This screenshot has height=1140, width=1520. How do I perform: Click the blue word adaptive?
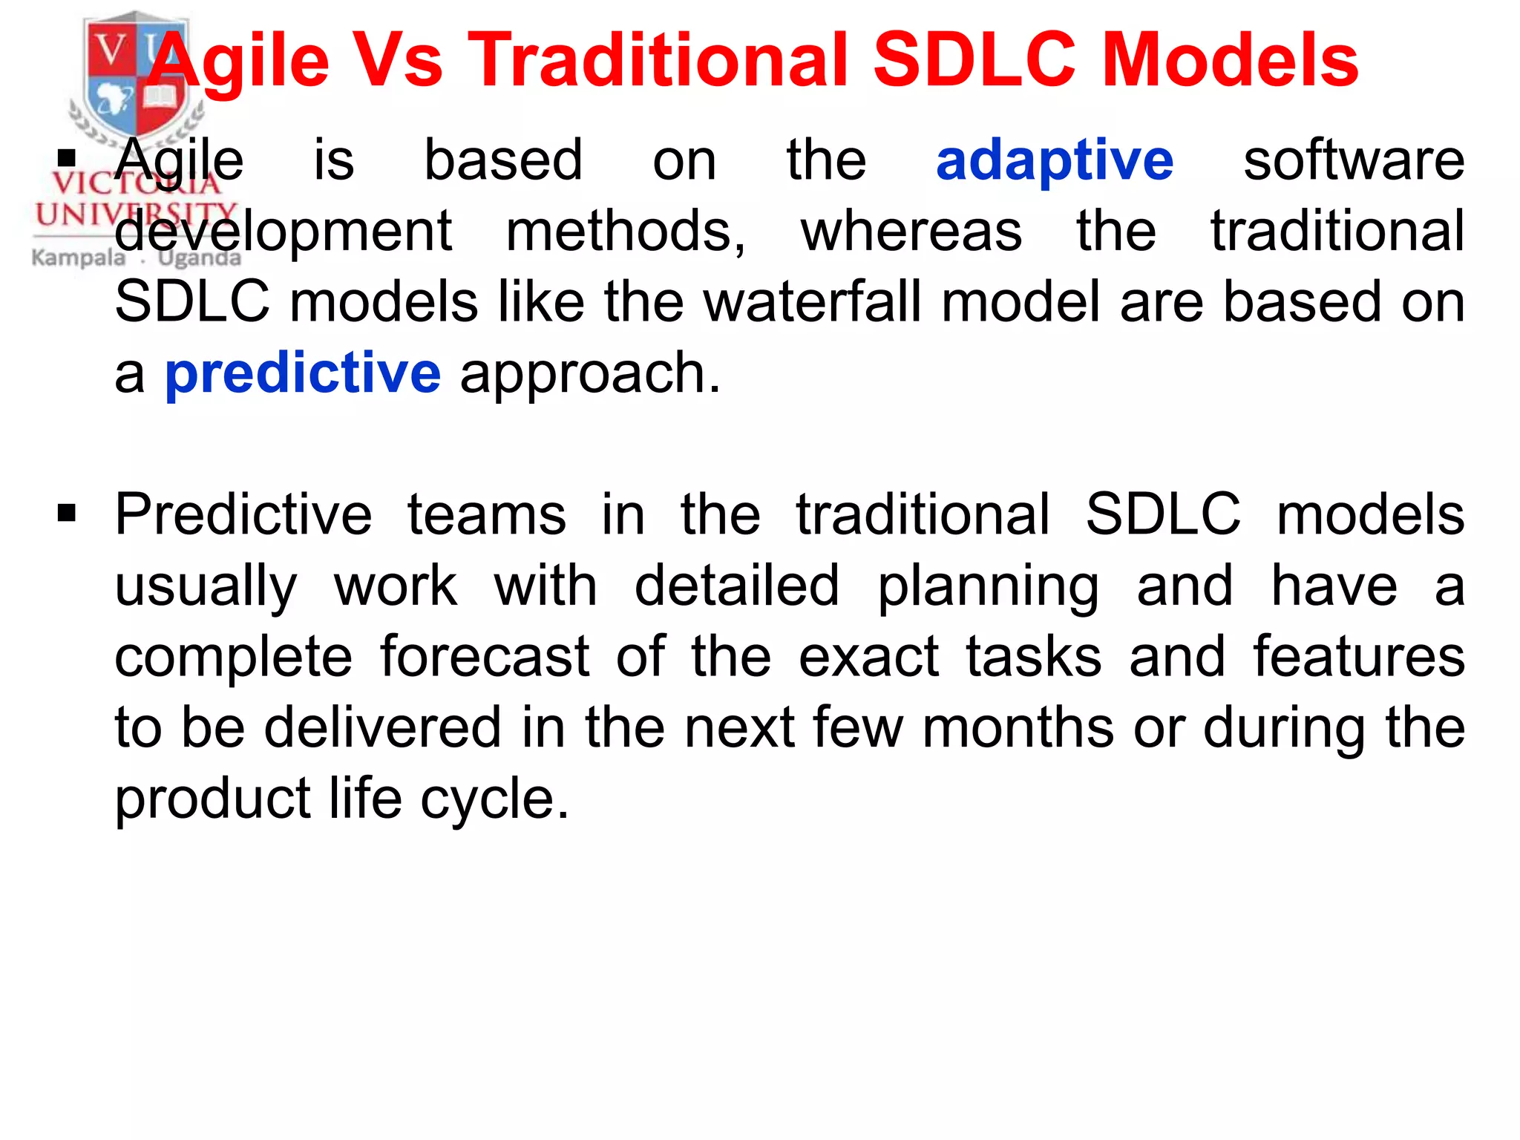pos(1054,161)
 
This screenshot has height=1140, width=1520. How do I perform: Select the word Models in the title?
pos(1230,61)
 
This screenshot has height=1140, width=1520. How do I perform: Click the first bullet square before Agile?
pos(67,158)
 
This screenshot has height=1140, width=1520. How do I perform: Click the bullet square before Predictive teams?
pos(67,513)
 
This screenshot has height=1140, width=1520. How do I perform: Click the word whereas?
pos(911,232)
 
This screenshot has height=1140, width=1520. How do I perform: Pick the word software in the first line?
pos(1354,161)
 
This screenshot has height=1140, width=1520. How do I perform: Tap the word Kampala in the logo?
pos(79,258)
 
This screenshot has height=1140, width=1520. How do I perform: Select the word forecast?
pos(485,657)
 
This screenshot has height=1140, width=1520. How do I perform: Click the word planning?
pos(988,586)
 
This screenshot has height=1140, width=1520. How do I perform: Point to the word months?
pos(1018,727)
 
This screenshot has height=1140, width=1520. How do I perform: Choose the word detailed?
pos(736,586)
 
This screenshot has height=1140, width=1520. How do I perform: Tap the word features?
pos(1359,657)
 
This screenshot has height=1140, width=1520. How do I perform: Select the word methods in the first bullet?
pos(625,232)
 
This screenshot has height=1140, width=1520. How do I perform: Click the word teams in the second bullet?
pos(486,515)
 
